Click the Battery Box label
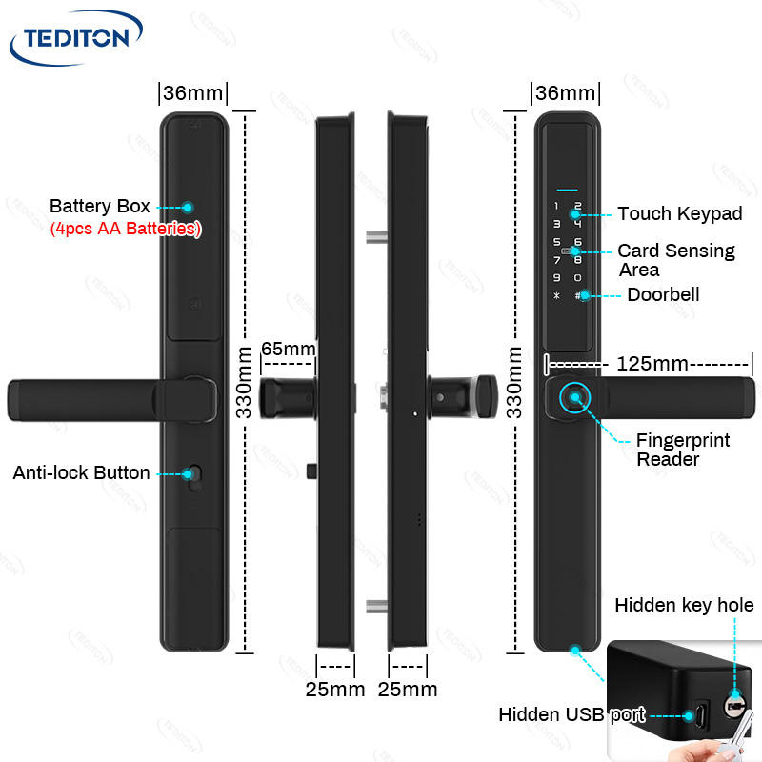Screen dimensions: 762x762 pos(99,206)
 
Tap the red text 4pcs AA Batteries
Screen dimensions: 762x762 pos(125,229)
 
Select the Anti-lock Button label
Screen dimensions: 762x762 pos(81,472)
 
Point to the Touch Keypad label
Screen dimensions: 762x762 pos(679,213)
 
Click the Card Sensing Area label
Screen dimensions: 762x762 pos(675,260)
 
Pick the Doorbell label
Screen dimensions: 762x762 pos(662,294)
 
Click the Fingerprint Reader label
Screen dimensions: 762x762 pos(683,450)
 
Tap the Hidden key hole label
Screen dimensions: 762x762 pos(683,606)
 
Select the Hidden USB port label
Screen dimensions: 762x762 pos(571,714)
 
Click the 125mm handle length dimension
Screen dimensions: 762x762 pos(652,364)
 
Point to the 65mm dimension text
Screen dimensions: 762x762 pos(288,349)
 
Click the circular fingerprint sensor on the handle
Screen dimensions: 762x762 pos(574,399)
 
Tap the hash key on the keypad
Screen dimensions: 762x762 pos(578,295)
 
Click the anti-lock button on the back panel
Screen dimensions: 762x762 pos(194,474)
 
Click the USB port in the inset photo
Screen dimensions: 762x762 pos(702,714)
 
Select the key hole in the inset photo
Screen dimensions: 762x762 pos(734,706)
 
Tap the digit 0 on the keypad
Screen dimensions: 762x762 pos(577,277)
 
